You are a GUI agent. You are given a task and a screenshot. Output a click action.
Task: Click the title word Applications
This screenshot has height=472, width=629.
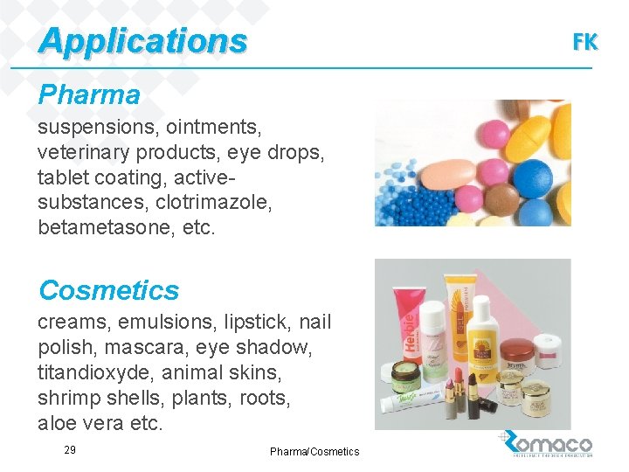(143, 40)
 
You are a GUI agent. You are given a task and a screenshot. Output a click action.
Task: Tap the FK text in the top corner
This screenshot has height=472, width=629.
(585, 41)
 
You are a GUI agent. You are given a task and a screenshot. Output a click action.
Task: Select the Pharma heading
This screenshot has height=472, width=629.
(88, 94)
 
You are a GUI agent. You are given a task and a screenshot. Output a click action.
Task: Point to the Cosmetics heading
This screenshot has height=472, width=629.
(108, 289)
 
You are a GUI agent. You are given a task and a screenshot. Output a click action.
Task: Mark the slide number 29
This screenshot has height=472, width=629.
(70, 449)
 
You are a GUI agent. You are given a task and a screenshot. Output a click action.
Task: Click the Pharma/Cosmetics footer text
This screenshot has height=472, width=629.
(314, 451)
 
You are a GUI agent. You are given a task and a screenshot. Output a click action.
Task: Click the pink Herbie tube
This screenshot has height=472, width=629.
(404, 333)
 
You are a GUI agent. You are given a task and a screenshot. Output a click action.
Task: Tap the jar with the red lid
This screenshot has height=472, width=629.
(516, 353)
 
